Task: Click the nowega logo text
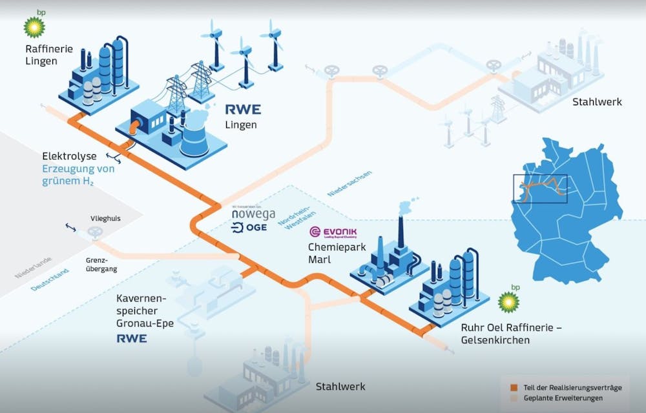tap(254, 213)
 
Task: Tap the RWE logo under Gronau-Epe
tap(132, 338)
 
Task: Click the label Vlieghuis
tap(105, 219)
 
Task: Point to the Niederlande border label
tap(30, 266)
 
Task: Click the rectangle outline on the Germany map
tap(539, 185)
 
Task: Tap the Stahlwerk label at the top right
tap(596, 102)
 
